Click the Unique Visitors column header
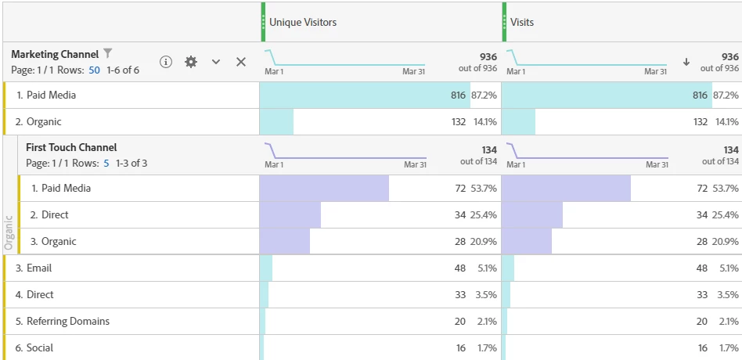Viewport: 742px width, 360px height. click(x=303, y=23)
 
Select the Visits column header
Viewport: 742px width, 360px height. click(x=522, y=23)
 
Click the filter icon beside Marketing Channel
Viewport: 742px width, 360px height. click(x=108, y=54)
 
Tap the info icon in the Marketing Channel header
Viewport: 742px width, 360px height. click(x=166, y=62)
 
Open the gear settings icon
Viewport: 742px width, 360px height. click(x=191, y=62)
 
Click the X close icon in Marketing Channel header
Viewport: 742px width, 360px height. click(x=241, y=62)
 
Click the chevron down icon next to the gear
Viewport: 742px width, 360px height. click(x=216, y=62)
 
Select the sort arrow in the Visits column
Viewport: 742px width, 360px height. click(x=686, y=62)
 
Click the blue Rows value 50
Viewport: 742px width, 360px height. click(x=94, y=70)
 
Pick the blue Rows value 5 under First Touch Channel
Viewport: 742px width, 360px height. click(x=106, y=164)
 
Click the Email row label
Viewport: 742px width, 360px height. click(x=39, y=268)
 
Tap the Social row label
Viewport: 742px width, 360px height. click(x=40, y=348)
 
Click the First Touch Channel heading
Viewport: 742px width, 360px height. click(x=71, y=147)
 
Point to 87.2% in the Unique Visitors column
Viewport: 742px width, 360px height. click(x=484, y=95)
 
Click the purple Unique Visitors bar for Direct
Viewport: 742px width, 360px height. click(x=290, y=215)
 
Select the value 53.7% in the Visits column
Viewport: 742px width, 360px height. click(x=726, y=189)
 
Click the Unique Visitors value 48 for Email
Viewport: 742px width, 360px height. click(x=460, y=268)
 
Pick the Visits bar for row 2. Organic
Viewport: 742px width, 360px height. click(x=518, y=122)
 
